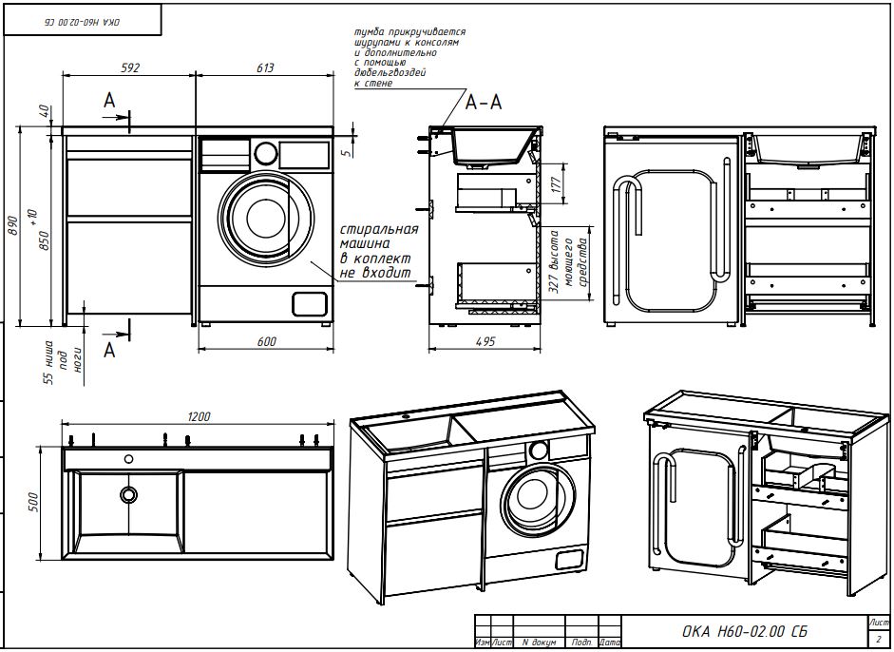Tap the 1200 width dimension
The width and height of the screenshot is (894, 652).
point(199,415)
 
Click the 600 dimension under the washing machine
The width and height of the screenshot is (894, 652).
point(267,341)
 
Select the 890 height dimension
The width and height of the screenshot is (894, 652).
point(13,224)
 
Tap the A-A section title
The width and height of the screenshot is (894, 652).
point(483,102)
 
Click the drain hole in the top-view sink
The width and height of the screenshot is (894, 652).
point(128,494)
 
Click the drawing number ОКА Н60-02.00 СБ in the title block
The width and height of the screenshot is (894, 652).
point(746,631)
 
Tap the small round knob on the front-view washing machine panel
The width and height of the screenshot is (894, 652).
point(267,152)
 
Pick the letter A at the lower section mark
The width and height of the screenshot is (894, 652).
point(109,350)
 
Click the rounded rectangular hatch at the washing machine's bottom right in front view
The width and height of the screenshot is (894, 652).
point(309,303)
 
